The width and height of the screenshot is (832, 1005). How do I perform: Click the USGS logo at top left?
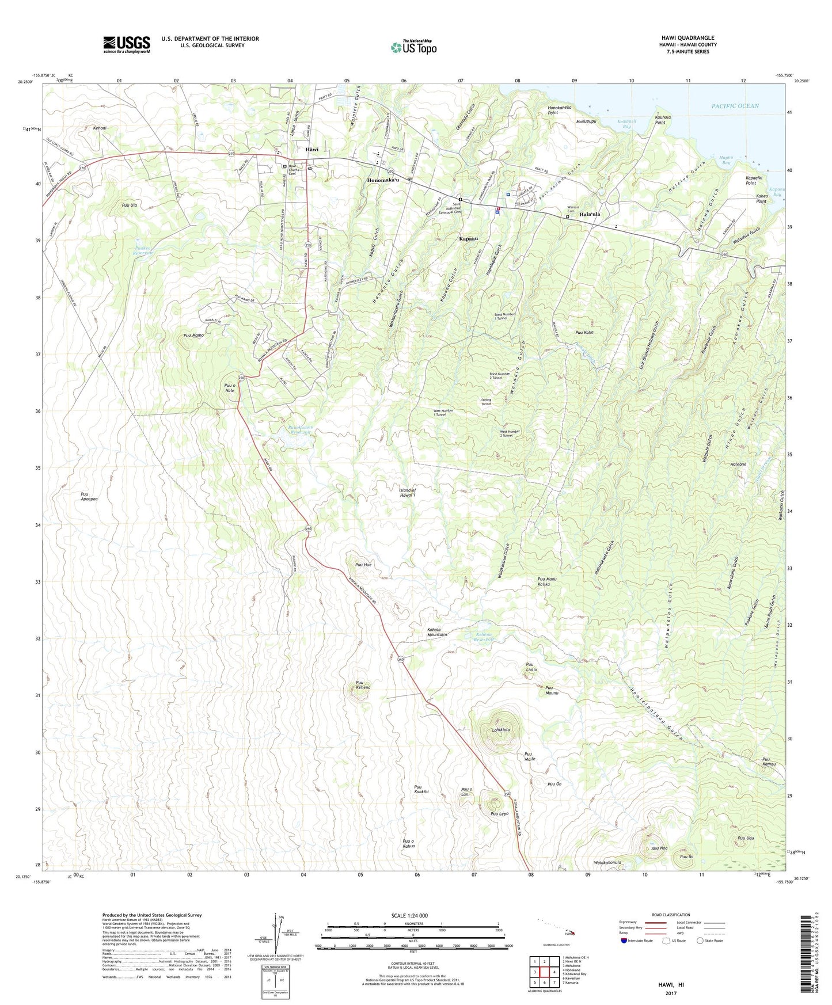tap(127, 44)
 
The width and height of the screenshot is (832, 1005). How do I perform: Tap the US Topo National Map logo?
tap(413, 47)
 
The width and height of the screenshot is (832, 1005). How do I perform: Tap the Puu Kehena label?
tap(363, 684)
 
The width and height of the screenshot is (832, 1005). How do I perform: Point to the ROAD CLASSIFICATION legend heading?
tap(671, 915)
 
